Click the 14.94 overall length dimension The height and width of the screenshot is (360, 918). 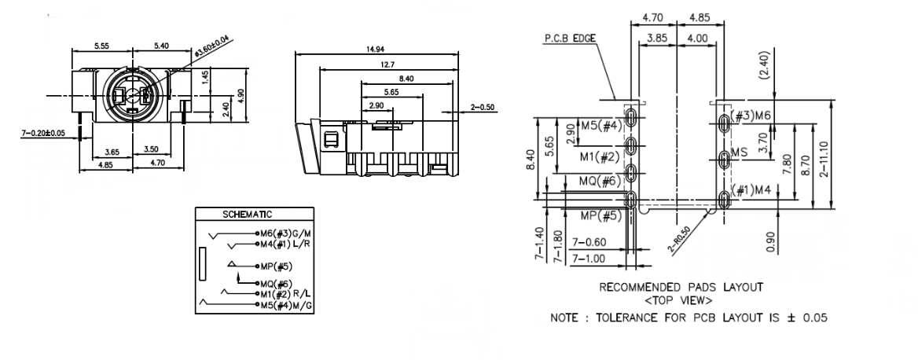click(376, 48)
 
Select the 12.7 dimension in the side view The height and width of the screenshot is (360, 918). click(385, 64)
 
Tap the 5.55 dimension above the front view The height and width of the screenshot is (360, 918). click(101, 46)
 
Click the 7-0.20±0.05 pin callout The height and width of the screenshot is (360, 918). click(43, 133)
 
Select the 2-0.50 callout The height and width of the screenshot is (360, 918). click(483, 107)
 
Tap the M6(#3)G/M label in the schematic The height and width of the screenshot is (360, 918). click(284, 234)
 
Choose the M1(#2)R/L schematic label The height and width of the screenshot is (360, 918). click(285, 294)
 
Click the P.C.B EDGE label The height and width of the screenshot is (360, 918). click(565, 37)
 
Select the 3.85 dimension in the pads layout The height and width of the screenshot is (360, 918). click(657, 36)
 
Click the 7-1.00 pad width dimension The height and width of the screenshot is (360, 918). click(588, 258)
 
